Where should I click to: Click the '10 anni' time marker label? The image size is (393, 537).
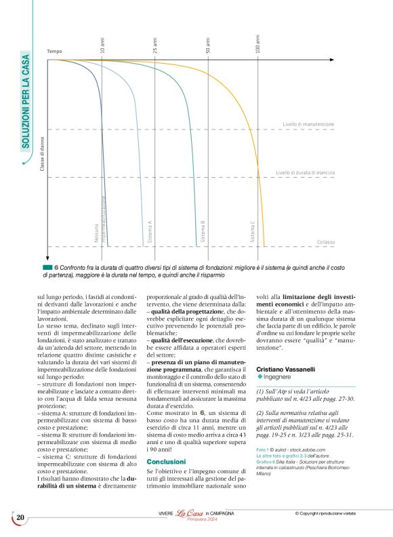tap(102, 46)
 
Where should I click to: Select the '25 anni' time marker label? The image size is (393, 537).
tap(155, 45)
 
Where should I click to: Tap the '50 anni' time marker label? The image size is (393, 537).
tap(208, 45)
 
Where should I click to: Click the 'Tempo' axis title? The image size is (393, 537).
tap(54, 52)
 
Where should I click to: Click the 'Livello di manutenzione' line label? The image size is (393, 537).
tap(308, 125)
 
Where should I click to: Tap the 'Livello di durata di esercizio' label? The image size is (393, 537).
tap(305, 173)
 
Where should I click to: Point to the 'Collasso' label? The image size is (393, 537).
tap(325, 242)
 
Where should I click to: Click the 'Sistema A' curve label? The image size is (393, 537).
tap(150, 232)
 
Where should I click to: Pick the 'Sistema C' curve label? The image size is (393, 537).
tap(253, 232)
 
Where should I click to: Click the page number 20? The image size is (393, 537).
tap(20, 518)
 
